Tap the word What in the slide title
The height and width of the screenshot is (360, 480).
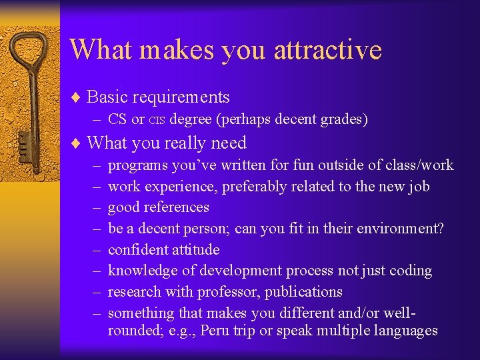[100, 49]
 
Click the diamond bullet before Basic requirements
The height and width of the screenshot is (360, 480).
[76, 97]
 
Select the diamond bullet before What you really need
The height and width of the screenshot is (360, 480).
[76, 143]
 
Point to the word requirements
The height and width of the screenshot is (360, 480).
[181, 97]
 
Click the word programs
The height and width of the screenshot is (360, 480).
[137, 166]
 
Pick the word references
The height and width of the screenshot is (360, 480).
[176, 207]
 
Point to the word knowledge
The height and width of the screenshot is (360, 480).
[141, 271]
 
